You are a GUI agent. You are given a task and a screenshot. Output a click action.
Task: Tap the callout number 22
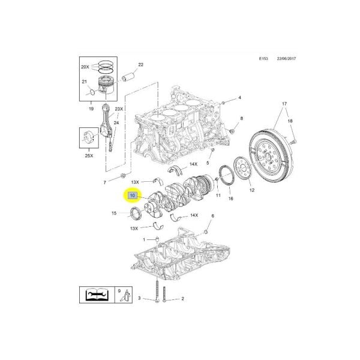click(x=141, y=64)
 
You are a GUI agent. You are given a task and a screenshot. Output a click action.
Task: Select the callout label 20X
click(x=86, y=68)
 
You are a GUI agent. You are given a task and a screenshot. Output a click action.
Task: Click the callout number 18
click(x=292, y=122)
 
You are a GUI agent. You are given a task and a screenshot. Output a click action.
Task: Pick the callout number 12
click(x=253, y=190)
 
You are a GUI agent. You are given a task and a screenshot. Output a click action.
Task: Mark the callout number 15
click(x=114, y=213)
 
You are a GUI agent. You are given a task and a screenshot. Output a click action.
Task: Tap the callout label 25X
click(x=89, y=155)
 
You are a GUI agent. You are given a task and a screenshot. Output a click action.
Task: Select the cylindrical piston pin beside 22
click(x=127, y=78)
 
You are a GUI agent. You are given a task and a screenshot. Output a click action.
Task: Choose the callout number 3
click(x=139, y=315)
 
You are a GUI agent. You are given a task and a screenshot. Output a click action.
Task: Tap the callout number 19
click(x=91, y=110)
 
